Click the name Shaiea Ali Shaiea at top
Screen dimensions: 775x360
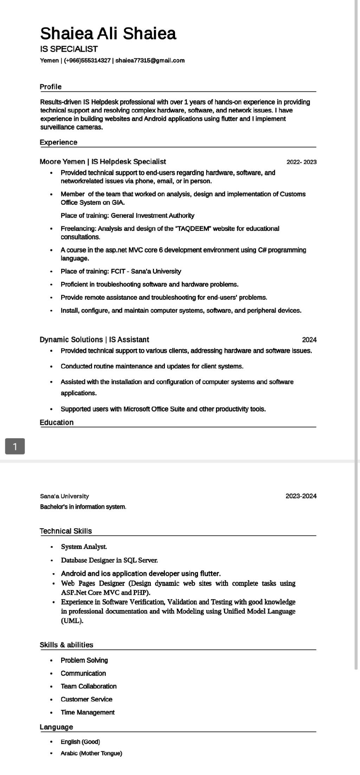(108, 34)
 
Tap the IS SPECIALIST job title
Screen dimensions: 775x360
(69, 49)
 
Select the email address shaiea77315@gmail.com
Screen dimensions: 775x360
(150, 60)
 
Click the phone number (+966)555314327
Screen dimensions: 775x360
(87, 60)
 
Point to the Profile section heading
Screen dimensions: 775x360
(51, 87)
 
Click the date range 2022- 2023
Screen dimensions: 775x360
(301, 162)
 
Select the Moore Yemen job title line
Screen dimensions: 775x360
(103, 162)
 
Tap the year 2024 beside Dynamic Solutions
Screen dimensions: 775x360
(309, 340)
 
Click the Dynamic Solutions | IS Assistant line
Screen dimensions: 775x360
(94, 340)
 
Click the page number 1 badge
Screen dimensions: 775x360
(15, 446)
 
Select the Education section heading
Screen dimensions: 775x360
(57, 422)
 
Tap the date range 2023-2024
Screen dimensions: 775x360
(301, 496)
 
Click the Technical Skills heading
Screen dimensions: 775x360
(66, 531)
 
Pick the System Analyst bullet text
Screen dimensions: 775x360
(84, 547)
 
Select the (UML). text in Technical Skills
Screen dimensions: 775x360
(72, 621)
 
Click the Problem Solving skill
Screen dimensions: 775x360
(84, 660)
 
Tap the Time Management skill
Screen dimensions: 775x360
(88, 712)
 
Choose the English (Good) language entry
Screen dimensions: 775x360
(80, 742)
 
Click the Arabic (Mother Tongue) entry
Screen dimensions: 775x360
(91, 754)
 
